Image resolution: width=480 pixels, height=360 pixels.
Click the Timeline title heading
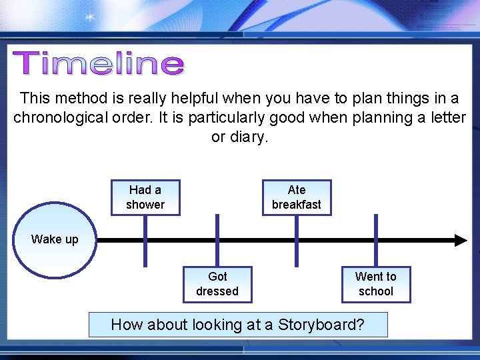point(99,64)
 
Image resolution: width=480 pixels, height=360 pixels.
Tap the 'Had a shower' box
point(145,197)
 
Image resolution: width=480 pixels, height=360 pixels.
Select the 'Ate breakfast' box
point(296,197)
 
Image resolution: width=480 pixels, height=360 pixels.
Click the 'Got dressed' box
point(217,284)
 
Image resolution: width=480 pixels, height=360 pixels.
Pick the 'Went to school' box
point(375,284)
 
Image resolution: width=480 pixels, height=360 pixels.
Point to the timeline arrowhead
point(461,240)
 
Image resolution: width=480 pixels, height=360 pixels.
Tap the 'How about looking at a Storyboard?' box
point(238,325)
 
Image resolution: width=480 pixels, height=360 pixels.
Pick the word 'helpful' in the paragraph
point(197,98)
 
